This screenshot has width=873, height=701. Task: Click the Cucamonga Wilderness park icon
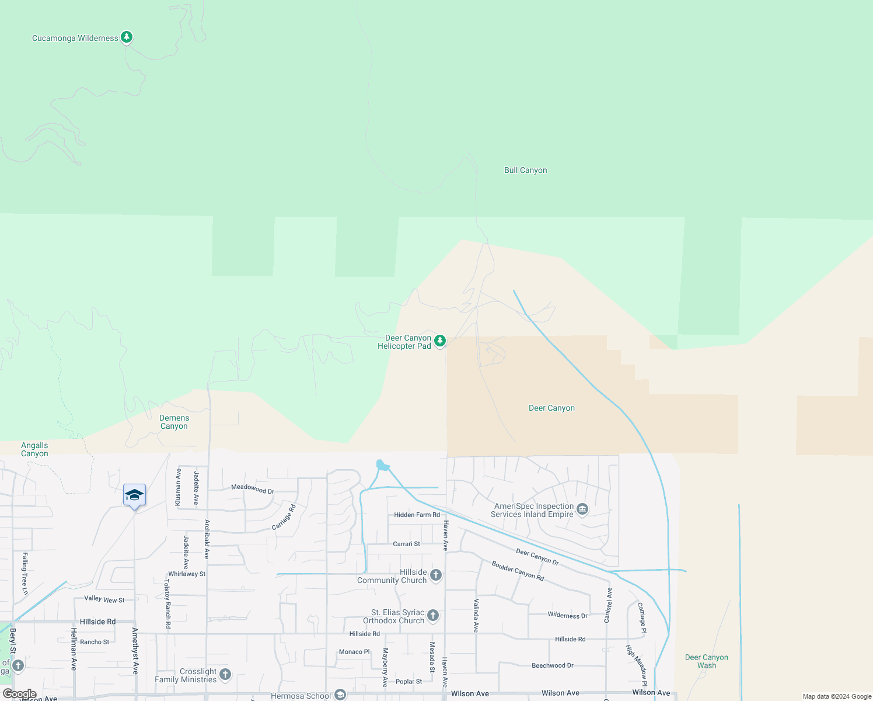[x=127, y=37]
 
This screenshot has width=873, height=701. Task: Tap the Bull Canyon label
[x=525, y=171]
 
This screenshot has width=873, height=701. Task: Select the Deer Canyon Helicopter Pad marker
[x=440, y=341]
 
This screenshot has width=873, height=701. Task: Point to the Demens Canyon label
[x=174, y=422]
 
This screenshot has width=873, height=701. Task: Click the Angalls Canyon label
[x=34, y=449]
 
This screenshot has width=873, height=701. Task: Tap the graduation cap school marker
[x=134, y=495]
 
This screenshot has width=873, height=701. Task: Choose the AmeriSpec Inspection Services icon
[x=582, y=509]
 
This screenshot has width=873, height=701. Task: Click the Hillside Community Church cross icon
[x=435, y=576]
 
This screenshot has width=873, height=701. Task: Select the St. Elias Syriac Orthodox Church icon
[x=432, y=615]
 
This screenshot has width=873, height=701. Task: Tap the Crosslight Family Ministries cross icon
[x=225, y=675]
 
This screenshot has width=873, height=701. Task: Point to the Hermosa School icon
[x=340, y=695]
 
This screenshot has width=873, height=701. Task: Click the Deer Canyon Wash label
[x=706, y=661]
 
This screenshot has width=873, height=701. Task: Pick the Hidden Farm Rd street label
[x=417, y=515]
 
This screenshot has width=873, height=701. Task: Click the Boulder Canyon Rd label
[x=518, y=571]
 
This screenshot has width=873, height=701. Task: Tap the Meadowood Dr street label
[x=253, y=488]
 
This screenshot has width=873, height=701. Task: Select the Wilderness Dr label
[x=567, y=615]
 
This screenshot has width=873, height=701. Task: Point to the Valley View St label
[x=104, y=599]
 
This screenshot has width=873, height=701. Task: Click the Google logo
[x=19, y=694]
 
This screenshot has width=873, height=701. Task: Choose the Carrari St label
[x=406, y=544]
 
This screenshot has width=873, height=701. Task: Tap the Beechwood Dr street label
[x=552, y=665]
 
